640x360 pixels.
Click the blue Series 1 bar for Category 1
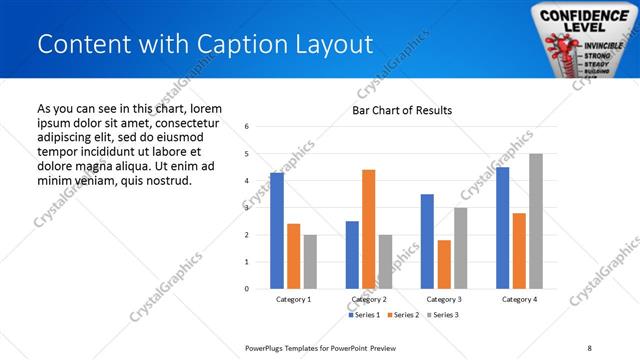[x=277, y=231]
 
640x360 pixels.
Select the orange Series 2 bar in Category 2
[x=368, y=229]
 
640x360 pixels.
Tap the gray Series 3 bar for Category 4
[x=536, y=221]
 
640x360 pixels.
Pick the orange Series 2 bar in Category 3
[x=444, y=264]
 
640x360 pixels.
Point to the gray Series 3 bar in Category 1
[x=310, y=262]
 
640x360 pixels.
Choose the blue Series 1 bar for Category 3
[x=427, y=241]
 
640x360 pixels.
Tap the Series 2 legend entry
[x=402, y=315]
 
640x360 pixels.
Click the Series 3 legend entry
[x=442, y=315]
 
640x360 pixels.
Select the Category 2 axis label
[x=369, y=299]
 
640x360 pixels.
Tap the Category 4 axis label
[x=519, y=299]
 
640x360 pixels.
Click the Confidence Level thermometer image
[x=576, y=40]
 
